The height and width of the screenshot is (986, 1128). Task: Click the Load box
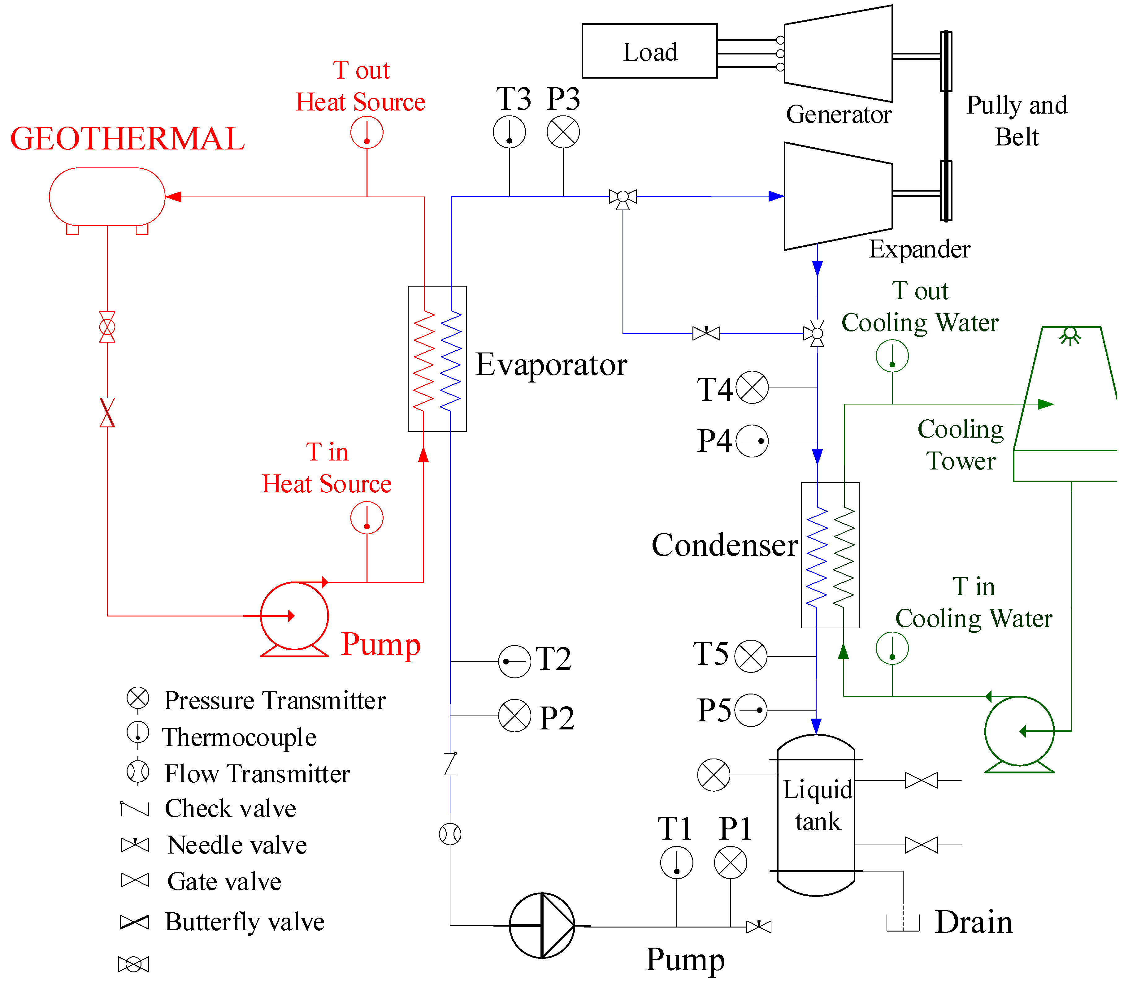[649, 51]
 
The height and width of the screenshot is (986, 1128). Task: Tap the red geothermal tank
[107, 197]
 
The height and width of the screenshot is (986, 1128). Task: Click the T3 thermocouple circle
[509, 132]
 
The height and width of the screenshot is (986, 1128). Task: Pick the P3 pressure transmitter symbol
[563, 132]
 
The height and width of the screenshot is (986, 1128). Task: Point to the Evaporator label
[551, 365]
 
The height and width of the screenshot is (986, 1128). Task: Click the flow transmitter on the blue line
[450, 834]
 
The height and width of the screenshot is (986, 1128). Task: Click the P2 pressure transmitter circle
[514, 716]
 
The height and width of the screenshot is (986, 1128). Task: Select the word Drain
[974, 922]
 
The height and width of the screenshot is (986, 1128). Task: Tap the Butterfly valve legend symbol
[135, 922]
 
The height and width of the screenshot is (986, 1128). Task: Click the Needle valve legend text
[236, 845]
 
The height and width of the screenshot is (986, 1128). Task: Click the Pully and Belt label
[1017, 120]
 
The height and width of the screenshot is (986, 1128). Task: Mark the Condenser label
[724, 545]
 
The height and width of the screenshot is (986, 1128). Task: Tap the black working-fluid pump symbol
[542, 925]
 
